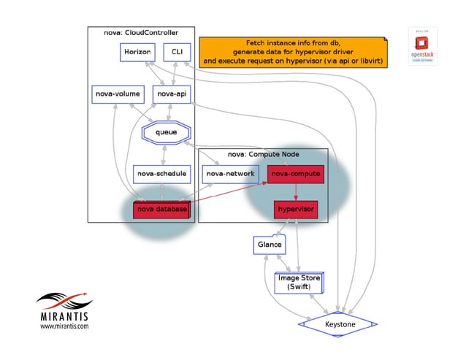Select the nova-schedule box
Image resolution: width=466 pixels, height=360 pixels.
(161, 174)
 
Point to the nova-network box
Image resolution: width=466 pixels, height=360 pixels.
(230, 174)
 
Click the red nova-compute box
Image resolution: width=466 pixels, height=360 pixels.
(294, 174)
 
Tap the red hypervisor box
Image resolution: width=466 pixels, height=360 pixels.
(295, 210)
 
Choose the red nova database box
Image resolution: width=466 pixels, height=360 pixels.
(161, 210)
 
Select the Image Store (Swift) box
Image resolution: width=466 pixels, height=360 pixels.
(298, 283)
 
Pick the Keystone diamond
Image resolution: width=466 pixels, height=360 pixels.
(338, 322)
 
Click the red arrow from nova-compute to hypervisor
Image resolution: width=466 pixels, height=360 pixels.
(295, 192)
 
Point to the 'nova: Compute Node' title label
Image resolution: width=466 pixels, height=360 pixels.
(262, 154)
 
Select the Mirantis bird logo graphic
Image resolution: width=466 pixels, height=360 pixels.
(65, 300)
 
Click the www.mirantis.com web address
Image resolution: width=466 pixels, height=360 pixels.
(64, 327)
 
